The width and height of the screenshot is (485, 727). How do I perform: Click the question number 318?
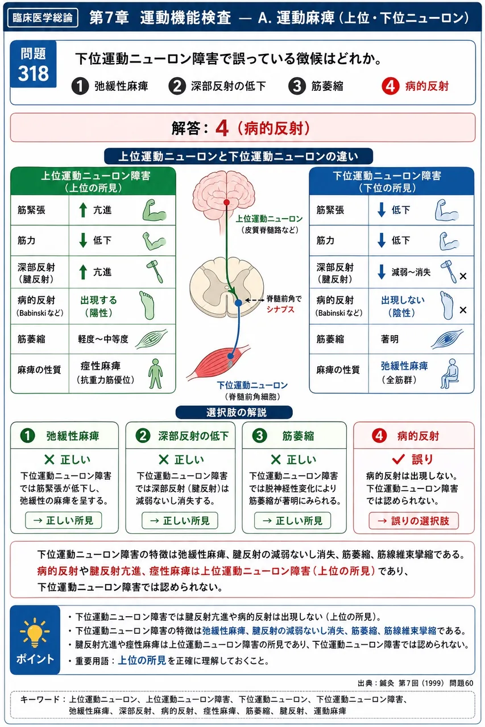click(34, 73)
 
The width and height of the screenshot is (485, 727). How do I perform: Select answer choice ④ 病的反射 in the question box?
click(415, 86)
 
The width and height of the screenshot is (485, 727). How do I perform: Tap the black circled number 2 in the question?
click(177, 86)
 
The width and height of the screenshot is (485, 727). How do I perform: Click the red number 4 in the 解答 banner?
click(222, 128)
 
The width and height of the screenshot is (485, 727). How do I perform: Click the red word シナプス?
click(280, 310)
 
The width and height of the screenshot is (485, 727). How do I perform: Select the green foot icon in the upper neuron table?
click(147, 305)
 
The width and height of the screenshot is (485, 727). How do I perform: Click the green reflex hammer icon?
click(155, 272)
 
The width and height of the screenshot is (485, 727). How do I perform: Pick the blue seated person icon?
click(450, 373)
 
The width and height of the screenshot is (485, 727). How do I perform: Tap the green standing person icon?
click(155, 374)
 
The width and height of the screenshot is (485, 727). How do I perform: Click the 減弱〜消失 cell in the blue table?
click(411, 272)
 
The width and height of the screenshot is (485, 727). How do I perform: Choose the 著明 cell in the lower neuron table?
click(389, 339)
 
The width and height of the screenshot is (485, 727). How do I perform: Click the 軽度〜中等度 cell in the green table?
click(103, 339)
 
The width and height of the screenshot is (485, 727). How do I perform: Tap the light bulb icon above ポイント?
click(35, 632)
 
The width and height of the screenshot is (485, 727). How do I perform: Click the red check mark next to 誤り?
click(398, 459)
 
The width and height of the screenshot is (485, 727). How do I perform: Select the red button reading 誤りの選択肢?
click(413, 521)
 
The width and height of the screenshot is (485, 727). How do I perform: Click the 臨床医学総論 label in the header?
click(43, 18)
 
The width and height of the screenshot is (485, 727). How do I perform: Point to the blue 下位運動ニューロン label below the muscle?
click(252, 385)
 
